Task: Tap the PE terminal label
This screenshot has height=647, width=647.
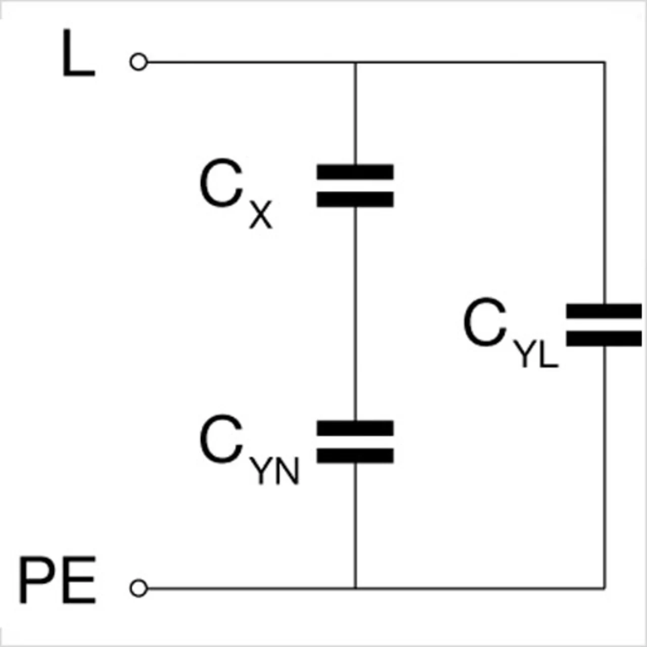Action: tap(57, 580)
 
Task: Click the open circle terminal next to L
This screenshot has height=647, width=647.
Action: tap(138, 62)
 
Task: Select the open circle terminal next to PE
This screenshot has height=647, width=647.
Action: tap(138, 588)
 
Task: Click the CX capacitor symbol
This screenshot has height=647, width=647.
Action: tap(355, 186)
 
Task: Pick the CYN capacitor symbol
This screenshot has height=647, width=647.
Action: tap(355, 441)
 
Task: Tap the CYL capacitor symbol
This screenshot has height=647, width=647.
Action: tap(604, 325)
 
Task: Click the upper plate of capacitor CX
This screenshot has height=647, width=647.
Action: tap(355, 172)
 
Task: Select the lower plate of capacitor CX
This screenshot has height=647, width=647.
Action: tap(355, 199)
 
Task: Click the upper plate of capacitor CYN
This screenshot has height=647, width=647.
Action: tap(355, 428)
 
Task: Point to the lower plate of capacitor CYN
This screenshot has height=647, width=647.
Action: tap(355, 455)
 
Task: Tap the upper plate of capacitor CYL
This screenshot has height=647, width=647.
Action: tap(604, 311)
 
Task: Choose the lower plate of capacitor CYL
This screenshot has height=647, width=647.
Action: tap(604, 339)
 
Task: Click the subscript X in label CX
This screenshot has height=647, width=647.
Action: tap(261, 215)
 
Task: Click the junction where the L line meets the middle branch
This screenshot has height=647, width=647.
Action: tap(355, 62)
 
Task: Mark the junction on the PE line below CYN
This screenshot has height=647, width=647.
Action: tap(355, 588)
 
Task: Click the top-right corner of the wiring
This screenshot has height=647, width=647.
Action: tap(604, 62)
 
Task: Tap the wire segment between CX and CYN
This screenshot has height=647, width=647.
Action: tap(355, 313)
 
